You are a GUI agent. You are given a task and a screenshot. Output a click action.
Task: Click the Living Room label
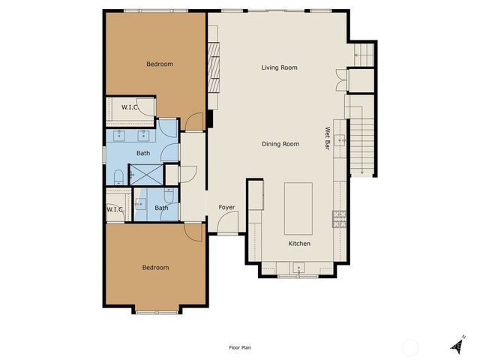click(279, 67)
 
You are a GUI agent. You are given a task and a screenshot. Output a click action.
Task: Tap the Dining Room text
click(280, 144)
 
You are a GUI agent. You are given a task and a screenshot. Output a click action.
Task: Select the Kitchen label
click(299, 244)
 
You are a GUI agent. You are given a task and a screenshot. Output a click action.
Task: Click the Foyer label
click(226, 207)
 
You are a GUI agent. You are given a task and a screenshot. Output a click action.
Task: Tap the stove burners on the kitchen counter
click(339, 218)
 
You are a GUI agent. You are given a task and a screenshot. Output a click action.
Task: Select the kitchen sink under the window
click(298, 267)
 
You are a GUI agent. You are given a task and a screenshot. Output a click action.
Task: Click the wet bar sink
click(340, 139)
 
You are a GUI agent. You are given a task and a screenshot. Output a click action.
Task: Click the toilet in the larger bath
click(118, 176)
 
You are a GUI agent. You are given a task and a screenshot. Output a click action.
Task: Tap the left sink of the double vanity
click(119, 136)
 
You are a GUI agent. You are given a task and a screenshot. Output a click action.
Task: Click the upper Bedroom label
click(159, 64)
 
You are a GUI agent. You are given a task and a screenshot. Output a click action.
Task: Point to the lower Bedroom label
click(155, 267)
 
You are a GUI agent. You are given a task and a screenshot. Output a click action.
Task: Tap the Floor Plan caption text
click(240, 347)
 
